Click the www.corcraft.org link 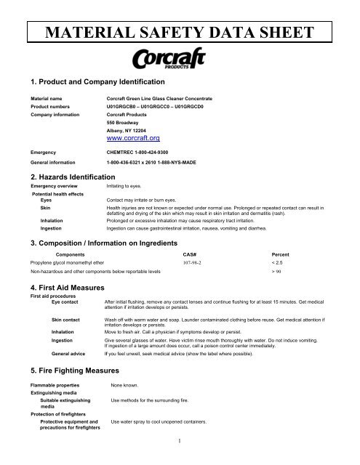(133, 137)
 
